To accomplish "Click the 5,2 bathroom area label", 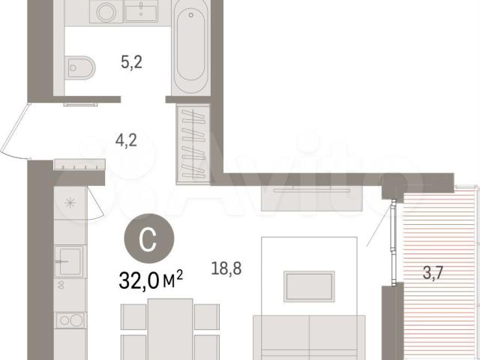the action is coord(132,63).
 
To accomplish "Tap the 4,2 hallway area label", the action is coord(126,140).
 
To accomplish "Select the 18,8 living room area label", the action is coord(226,268).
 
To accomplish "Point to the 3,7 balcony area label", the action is coord(433,273).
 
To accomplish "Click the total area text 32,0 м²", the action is coord(151,280).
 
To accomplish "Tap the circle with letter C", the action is coord(149,238).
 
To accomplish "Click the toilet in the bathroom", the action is coord(80,67).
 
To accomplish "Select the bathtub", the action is coord(190,47).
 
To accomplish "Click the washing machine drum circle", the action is coord(106,13).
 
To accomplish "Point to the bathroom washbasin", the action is coord(141,11).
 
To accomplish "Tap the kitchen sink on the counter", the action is coord(69,261).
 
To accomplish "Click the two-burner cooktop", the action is coord(70,320).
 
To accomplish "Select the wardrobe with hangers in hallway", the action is coord(193,145).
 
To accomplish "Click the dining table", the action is coord(170,329).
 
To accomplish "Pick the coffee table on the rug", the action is coord(309,286).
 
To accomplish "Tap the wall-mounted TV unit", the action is coord(312,198).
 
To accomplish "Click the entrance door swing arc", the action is coord(13,132).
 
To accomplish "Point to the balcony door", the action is coord(394,242).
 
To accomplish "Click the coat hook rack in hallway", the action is coord(79,164).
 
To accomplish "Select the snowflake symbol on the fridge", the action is coord(70,202).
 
